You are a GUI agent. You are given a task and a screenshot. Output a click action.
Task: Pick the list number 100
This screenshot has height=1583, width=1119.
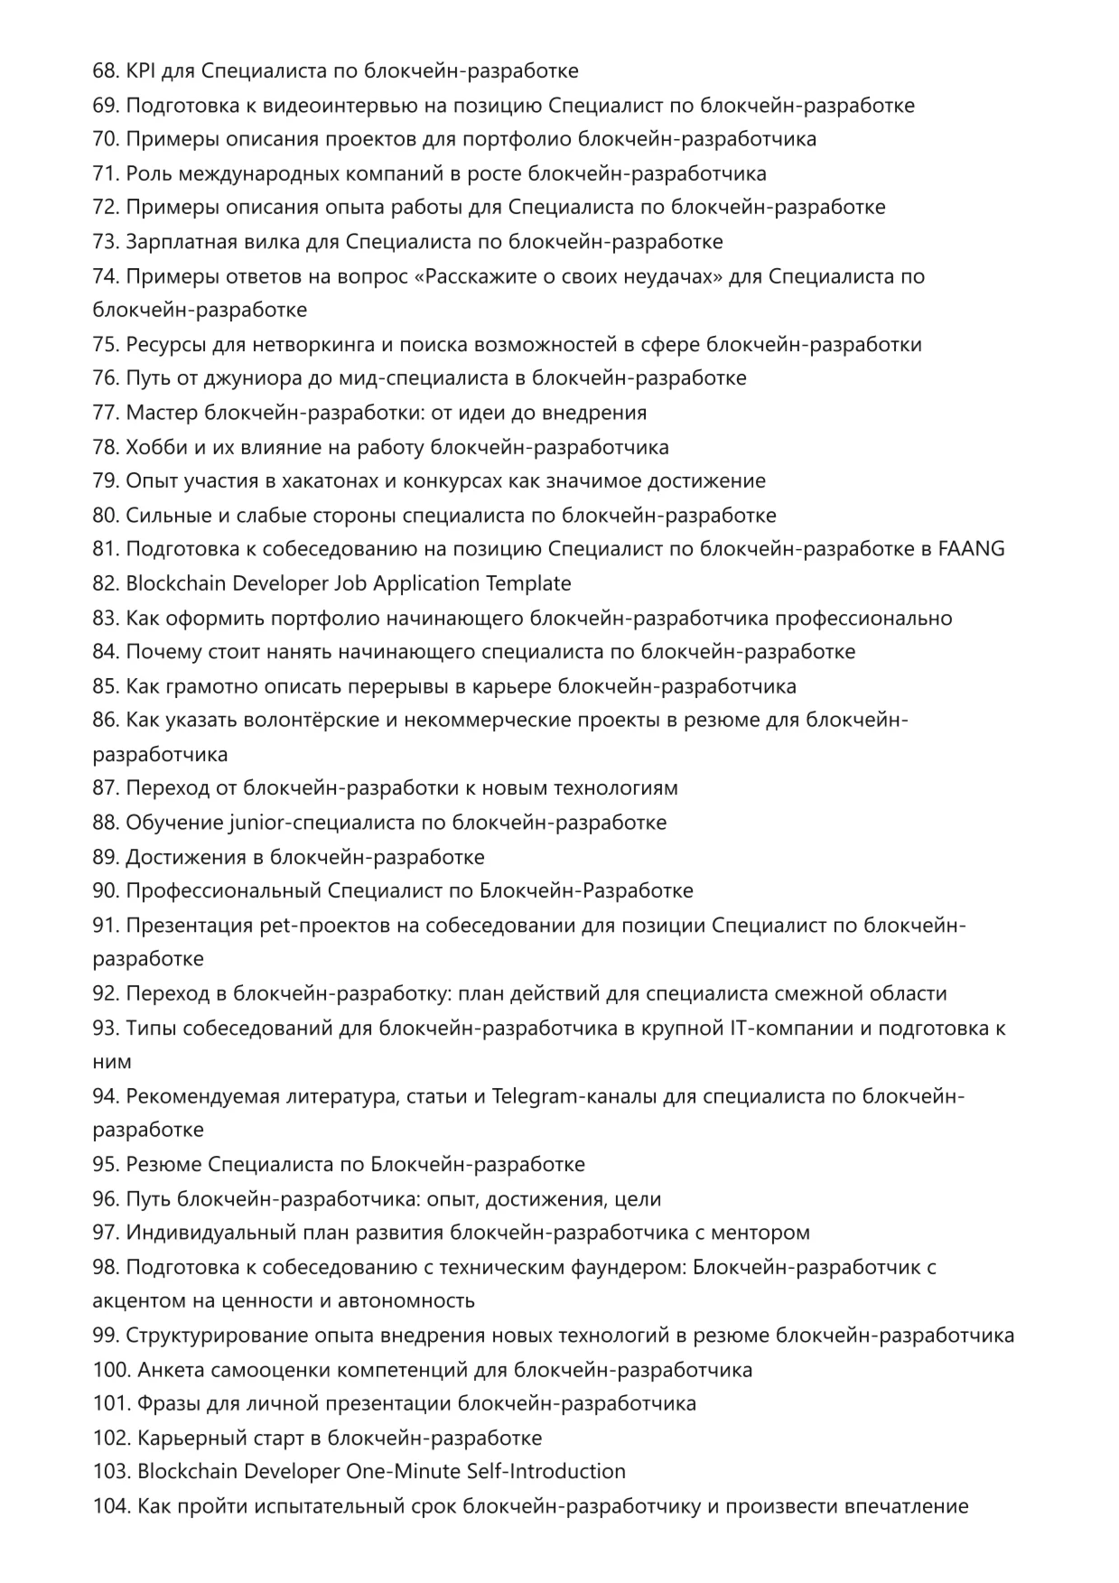(111, 1370)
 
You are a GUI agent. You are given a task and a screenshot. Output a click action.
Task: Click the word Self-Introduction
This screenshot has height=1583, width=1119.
(546, 1472)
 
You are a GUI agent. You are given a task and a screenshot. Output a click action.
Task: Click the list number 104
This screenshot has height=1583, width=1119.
(111, 1506)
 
